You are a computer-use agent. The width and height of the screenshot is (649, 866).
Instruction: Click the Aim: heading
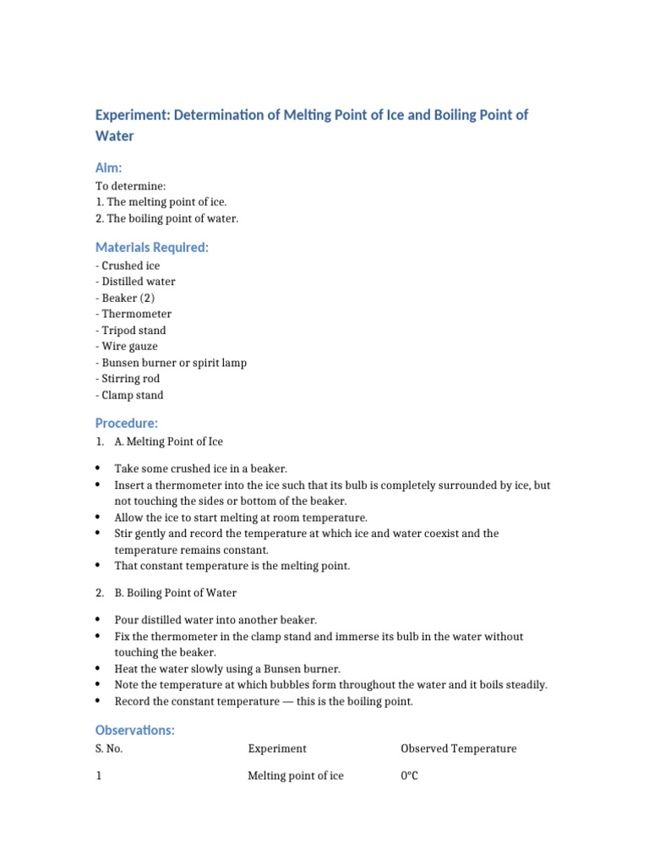click(x=109, y=168)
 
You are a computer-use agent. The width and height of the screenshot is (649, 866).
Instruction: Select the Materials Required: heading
click(x=151, y=247)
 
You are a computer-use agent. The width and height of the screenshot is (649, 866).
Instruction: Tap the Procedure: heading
click(x=127, y=423)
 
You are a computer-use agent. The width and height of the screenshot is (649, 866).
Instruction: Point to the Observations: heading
click(x=135, y=730)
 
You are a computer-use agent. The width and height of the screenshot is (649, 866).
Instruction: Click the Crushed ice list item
click(x=128, y=266)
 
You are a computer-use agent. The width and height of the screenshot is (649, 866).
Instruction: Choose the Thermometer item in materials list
click(x=134, y=314)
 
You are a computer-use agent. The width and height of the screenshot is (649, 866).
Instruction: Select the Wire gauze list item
click(x=127, y=346)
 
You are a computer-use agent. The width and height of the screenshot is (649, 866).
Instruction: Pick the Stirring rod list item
click(x=128, y=379)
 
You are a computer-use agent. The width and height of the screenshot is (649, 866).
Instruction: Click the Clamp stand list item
click(x=130, y=395)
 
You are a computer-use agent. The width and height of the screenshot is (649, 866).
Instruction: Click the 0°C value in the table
click(x=410, y=776)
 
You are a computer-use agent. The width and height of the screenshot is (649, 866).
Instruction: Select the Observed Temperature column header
click(x=458, y=748)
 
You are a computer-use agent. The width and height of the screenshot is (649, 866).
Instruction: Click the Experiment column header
click(x=277, y=748)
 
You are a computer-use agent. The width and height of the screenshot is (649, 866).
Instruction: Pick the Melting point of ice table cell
click(x=296, y=776)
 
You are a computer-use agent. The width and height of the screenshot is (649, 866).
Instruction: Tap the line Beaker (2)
click(x=126, y=298)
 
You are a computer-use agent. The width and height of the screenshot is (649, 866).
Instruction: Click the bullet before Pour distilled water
click(x=98, y=620)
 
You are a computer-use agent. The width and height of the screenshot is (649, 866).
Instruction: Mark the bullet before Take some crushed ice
click(x=98, y=469)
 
